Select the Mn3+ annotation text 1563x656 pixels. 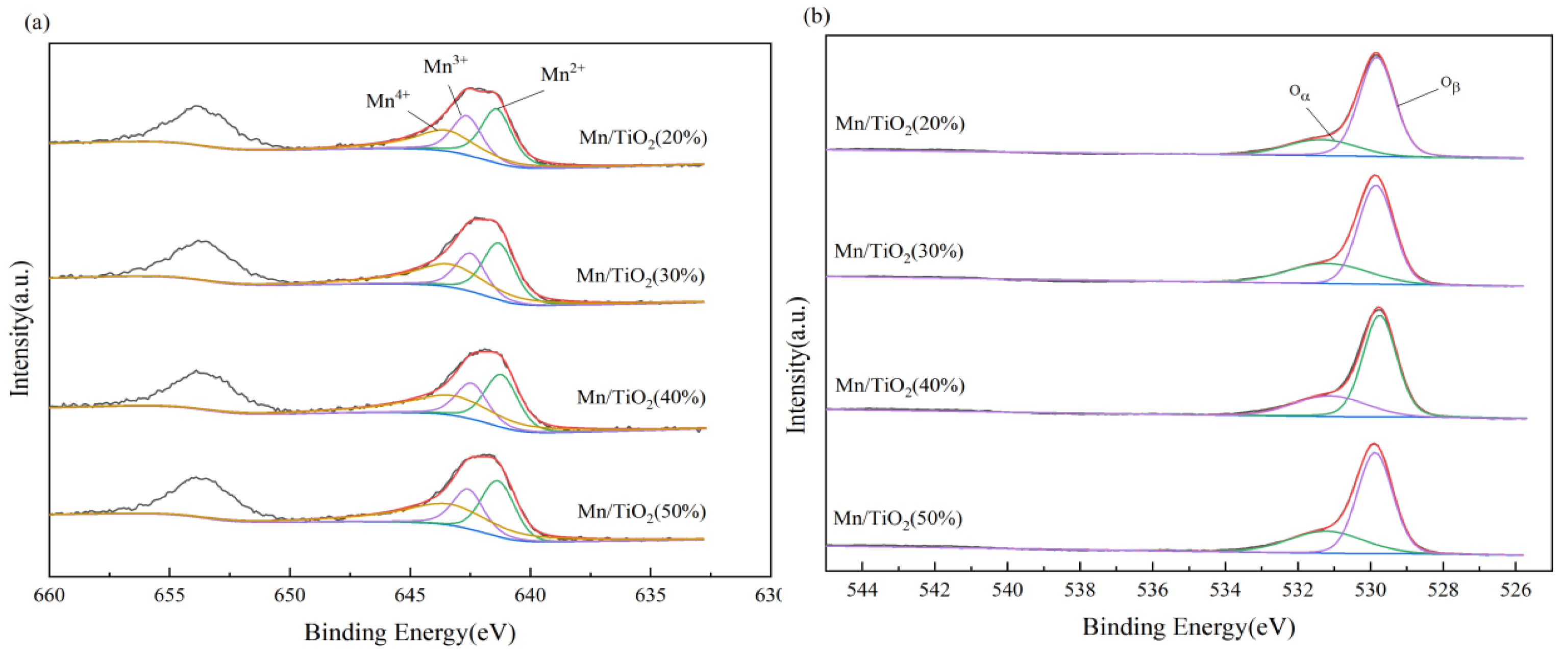click(445, 65)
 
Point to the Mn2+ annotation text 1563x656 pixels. click(562, 74)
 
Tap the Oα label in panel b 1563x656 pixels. click(1299, 92)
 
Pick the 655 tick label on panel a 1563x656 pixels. click(169, 595)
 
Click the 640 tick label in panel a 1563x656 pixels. click(530, 595)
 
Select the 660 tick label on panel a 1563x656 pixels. click(49, 595)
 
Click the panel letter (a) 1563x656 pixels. click(36, 22)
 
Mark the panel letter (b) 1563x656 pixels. click(816, 16)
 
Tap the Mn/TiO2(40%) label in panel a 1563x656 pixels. click(641, 398)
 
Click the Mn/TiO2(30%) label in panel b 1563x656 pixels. click(899, 252)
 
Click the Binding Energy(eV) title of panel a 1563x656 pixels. click(410, 633)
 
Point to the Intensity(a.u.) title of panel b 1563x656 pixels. click(796, 365)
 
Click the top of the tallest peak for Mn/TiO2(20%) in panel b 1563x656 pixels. click(1376, 54)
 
